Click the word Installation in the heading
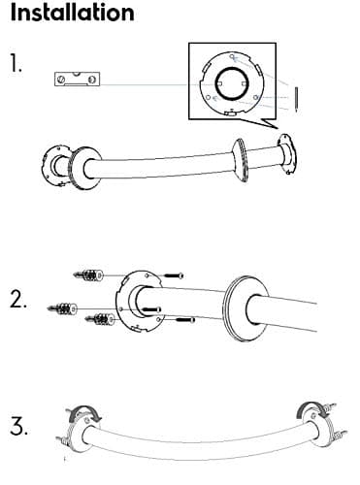coord(73,12)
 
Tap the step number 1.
coord(16,63)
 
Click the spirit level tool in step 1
coord(77,79)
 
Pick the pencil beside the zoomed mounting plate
coord(296,100)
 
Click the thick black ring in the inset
coord(232,83)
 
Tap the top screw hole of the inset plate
coord(232,56)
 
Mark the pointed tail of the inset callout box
coord(278,128)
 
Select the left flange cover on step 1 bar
coord(85,168)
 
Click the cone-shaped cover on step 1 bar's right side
coord(240,160)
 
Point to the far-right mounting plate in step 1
coord(287,153)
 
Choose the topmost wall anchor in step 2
coord(88,275)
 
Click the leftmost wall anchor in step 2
coord(62,308)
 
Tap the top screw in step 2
coord(174,275)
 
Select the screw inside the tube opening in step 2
coord(151,309)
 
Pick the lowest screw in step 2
coord(185,320)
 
